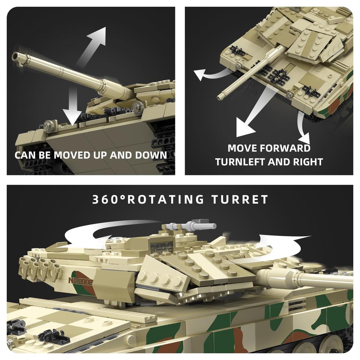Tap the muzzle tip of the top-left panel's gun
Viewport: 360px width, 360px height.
click(16, 57)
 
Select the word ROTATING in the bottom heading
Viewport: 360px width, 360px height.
click(165, 200)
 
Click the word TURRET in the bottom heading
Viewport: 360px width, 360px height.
click(240, 200)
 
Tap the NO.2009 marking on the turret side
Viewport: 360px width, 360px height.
click(80, 281)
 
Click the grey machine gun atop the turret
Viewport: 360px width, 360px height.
click(190, 226)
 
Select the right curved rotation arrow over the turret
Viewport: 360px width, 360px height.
click(281, 246)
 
